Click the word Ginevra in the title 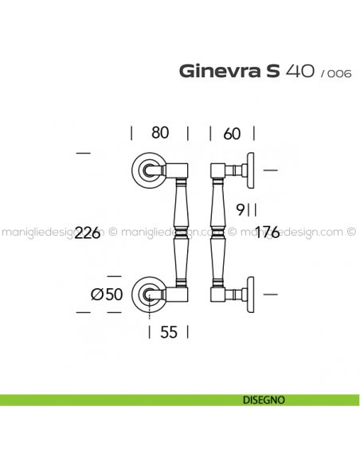[220, 71]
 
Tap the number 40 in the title [299, 71]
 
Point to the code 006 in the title [339, 73]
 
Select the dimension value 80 [160, 132]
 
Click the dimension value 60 [232, 134]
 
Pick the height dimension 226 [88, 232]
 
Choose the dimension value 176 [268, 232]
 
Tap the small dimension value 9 [240, 209]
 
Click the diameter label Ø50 [107, 295]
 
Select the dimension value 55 [169, 332]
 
